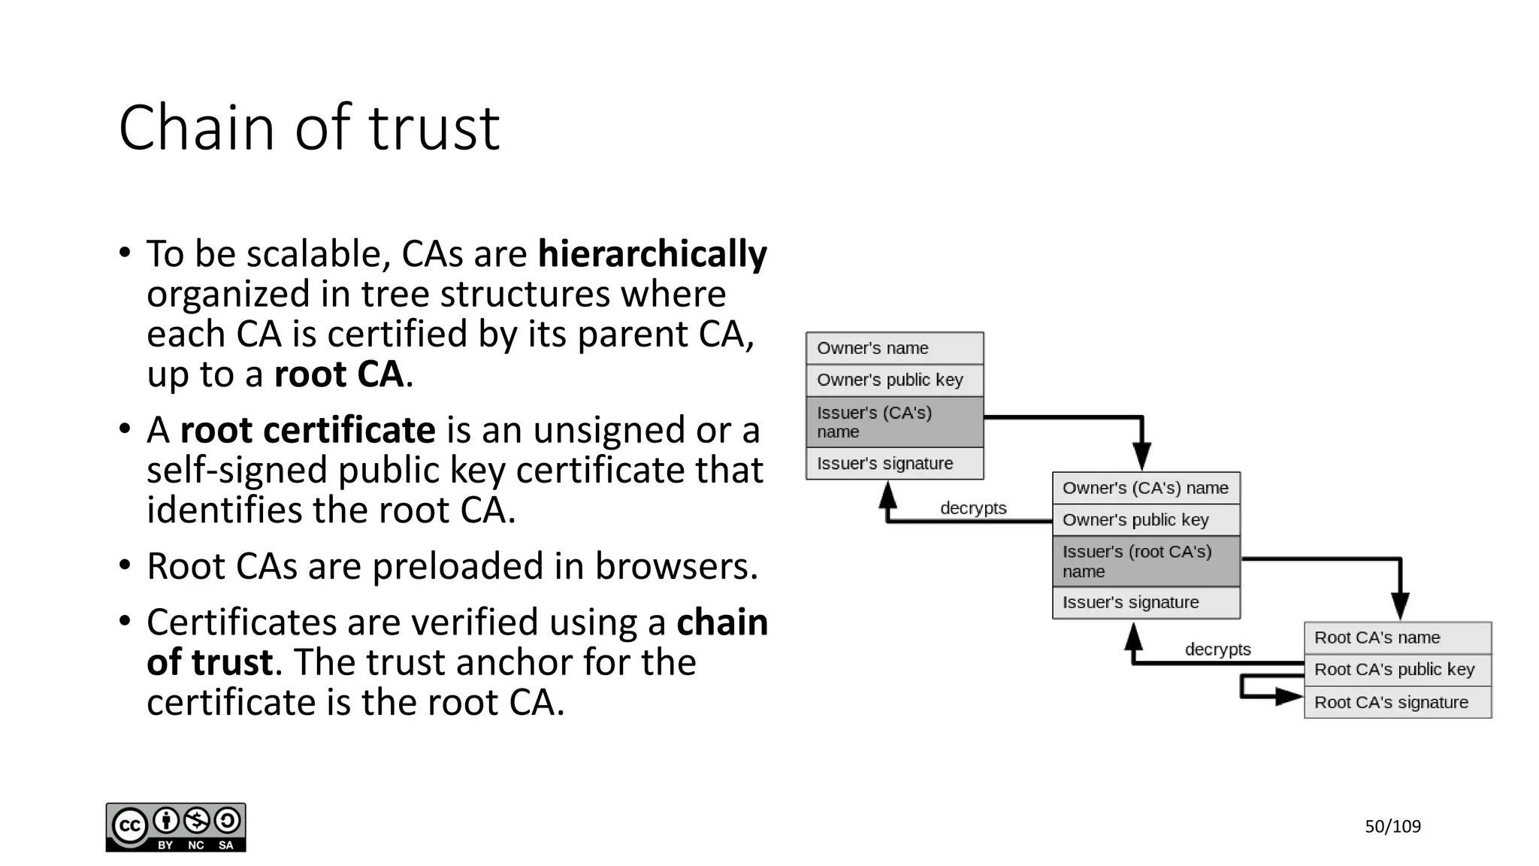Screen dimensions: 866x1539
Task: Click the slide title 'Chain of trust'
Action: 309,128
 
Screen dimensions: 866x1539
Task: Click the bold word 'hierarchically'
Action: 652,254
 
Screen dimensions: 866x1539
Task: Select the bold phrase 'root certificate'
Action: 307,430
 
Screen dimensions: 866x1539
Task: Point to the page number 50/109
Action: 1392,827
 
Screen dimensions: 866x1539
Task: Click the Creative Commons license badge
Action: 176,827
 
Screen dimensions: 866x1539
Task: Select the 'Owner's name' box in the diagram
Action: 894,349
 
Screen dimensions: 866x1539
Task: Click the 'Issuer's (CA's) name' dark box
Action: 894,422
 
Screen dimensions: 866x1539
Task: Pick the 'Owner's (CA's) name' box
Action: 1146,489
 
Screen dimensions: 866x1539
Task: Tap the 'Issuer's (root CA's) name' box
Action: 1146,562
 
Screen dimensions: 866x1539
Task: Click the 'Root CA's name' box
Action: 1398,638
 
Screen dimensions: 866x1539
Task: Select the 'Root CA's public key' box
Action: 1398,670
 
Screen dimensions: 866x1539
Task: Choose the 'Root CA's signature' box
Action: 1398,703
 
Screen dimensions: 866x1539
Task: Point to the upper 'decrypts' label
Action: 973,508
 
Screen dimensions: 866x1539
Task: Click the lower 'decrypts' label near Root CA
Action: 1217,649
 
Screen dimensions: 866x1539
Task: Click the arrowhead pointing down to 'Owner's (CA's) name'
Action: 1141,456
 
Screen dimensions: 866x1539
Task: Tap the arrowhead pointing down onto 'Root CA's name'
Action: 1400,606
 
